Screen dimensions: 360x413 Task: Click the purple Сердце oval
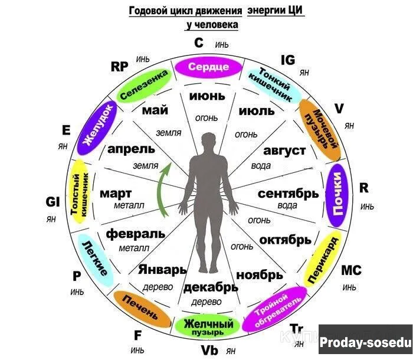pos(208,67)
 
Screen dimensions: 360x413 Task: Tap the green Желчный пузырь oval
pos(208,326)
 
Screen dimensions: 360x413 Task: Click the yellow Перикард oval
pos(323,258)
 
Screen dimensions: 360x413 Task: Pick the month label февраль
pos(135,233)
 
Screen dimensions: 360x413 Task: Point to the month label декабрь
pos(211,287)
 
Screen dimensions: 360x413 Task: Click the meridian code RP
pos(119,66)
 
